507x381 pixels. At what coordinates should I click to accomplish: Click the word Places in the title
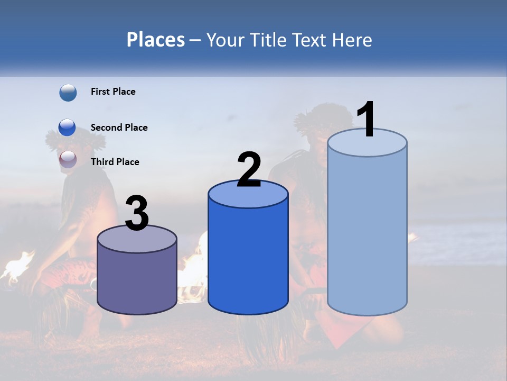tap(156, 40)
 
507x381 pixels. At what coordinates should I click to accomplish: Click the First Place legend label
tap(113, 92)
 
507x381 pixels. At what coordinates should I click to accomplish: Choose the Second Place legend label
tap(119, 128)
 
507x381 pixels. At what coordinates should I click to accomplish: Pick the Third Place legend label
tap(115, 162)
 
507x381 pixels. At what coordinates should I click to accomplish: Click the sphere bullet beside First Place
tap(68, 93)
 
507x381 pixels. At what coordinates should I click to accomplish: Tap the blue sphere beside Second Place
tap(67, 128)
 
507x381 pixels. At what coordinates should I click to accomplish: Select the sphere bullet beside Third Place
tap(68, 159)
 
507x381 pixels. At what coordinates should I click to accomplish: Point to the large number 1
tap(366, 120)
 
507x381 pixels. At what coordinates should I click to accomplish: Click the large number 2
tap(249, 170)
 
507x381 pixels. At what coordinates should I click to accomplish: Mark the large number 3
tap(137, 213)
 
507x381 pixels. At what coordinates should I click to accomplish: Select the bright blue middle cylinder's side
tap(248, 259)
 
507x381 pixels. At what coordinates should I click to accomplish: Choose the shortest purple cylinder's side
tap(137, 280)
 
